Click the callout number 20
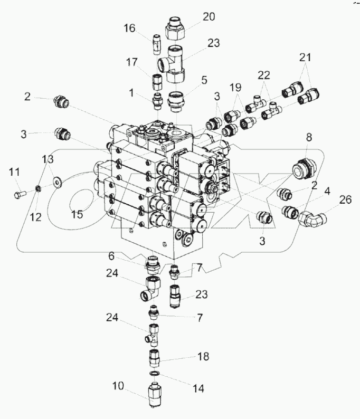[209, 17]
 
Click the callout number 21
[306, 57]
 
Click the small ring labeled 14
[153, 374]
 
